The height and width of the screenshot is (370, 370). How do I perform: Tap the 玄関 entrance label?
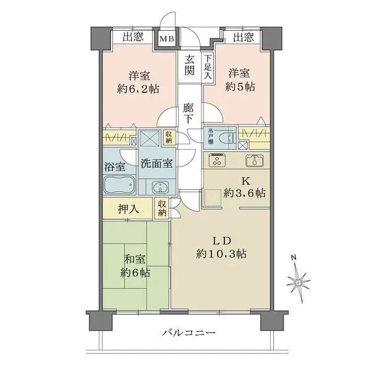point(189,65)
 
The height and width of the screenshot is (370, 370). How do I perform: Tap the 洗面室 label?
point(155,165)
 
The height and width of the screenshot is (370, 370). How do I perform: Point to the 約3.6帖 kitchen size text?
point(244,194)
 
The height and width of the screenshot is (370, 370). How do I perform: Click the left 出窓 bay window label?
point(133,38)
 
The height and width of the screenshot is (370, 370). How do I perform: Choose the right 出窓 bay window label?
point(243,38)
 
